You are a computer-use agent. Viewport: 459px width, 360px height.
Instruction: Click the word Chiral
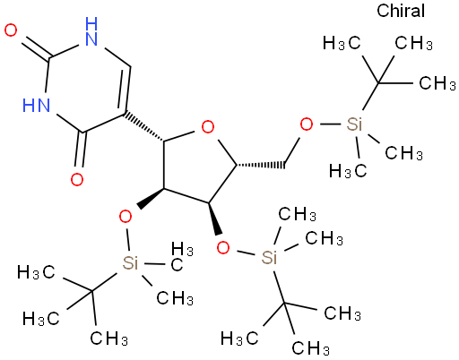click(x=401, y=11)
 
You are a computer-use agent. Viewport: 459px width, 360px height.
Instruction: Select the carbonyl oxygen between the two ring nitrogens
click(x=11, y=30)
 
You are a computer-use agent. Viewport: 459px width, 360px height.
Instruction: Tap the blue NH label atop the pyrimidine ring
click(x=91, y=31)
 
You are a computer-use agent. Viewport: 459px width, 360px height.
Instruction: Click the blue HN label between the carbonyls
click(x=36, y=105)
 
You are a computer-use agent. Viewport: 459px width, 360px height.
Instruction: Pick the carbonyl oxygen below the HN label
click(x=77, y=179)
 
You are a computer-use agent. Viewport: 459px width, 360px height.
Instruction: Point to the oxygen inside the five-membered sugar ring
click(x=208, y=127)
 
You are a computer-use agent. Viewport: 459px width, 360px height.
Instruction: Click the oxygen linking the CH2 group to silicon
click(x=307, y=124)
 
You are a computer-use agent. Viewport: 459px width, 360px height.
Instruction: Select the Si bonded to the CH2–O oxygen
click(x=354, y=124)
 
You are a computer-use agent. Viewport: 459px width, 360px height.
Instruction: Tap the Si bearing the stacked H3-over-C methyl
click(x=130, y=262)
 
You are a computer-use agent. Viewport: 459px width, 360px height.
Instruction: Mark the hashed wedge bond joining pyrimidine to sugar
click(x=144, y=126)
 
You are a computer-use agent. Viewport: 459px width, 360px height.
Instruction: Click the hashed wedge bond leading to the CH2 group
click(x=260, y=165)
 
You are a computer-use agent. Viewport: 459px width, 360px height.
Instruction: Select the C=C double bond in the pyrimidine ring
click(x=126, y=90)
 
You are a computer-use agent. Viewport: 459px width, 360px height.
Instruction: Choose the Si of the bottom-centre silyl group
click(x=269, y=257)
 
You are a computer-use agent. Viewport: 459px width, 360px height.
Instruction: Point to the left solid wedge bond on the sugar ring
click(x=150, y=198)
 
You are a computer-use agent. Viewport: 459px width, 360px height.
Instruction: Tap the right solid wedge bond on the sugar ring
click(x=215, y=219)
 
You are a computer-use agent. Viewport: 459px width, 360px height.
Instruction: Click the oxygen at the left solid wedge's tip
click(x=126, y=217)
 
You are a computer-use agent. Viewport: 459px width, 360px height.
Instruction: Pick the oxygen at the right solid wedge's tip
click(x=223, y=248)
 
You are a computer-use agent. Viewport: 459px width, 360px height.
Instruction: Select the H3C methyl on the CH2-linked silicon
click(x=348, y=171)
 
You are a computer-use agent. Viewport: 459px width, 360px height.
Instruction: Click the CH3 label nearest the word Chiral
click(x=413, y=43)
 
